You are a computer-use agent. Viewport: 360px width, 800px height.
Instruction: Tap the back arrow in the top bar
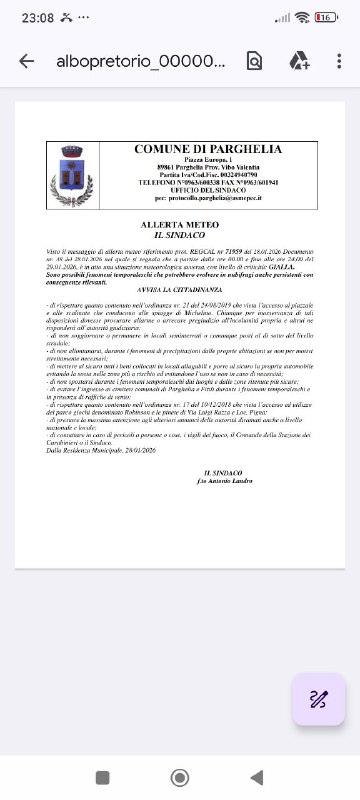[x=26, y=61]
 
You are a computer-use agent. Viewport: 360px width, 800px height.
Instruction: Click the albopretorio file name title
[x=141, y=61]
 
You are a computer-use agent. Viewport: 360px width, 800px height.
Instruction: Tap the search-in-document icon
[x=254, y=61]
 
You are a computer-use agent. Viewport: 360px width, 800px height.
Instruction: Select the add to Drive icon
[x=298, y=61]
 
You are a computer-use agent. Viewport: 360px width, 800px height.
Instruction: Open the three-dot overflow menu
[x=339, y=61]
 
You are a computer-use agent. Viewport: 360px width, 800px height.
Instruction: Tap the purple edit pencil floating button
[x=319, y=699]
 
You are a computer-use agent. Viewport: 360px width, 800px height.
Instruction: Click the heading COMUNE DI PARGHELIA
[x=208, y=149]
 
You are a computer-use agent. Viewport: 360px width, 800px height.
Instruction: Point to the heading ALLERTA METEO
[x=179, y=226]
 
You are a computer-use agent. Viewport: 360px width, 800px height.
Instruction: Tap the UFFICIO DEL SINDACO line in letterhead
[x=208, y=192]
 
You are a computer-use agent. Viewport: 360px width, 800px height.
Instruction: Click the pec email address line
[x=208, y=200]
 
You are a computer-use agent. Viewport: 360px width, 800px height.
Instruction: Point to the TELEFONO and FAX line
[x=208, y=184]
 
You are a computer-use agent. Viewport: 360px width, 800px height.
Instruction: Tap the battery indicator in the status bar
[x=326, y=17]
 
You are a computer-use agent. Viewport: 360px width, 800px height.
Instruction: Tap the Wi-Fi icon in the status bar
[x=301, y=17]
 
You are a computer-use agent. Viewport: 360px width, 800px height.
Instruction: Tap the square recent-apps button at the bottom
[x=102, y=777]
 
